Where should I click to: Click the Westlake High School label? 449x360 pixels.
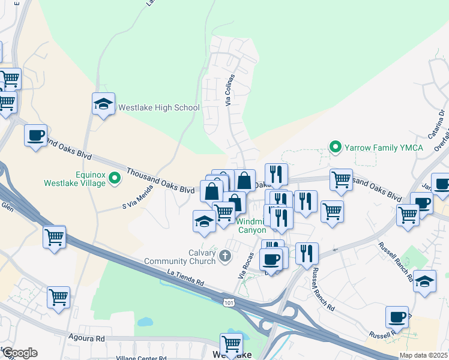pyautogui.click(x=158, y=108)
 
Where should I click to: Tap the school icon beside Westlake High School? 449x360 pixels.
pyautogui.click(x=104, y=104)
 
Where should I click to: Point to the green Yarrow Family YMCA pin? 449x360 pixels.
pyautogui.click(x=335, y=146)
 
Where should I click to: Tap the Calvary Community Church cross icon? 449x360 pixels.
pyautogui.click(x=225, y=257)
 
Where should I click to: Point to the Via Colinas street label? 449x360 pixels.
pyautogui.click(x=229, y=95)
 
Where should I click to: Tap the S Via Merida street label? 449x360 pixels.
pyautogui.click(x=137, y=197)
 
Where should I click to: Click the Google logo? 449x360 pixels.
pyautogui.click(x=19, y=353)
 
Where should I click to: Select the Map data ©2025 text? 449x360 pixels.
pyautogui.click(x=423, y=355)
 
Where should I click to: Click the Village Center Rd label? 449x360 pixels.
pyautogui.click(x=142, y=358)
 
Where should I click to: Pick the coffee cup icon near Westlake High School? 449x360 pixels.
pyautogui.click(x=36, y=134)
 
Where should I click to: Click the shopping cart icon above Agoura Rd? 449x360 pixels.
pyautogui.click(x=58, y=296)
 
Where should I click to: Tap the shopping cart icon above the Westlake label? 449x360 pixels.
pyautogui.click(x=231, y=344)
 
